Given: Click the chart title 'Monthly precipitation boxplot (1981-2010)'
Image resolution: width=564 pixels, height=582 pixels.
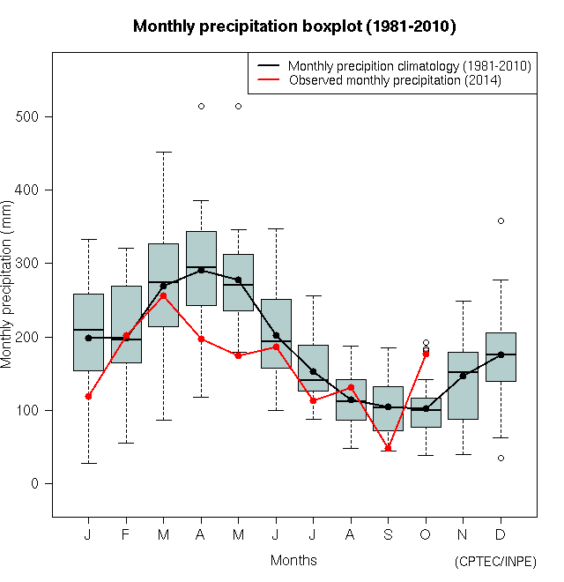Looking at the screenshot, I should click(x=293, y=26).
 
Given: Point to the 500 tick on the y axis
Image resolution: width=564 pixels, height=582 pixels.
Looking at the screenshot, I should click(x=33, y=116).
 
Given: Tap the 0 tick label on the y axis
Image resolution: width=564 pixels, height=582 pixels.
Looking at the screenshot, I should click(x=33, y=483).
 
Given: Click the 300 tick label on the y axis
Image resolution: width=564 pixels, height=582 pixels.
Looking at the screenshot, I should click(x=33, y=263).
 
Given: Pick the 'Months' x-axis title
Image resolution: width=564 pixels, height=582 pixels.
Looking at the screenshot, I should click(x=293, y=560).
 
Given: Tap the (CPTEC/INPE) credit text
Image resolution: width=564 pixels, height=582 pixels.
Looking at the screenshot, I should click(x=495, y=562).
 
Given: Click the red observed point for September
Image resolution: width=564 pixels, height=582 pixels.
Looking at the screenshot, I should click(x=388, y=448).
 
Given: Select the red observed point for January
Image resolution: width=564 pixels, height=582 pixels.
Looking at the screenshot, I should click(x=88, y=397).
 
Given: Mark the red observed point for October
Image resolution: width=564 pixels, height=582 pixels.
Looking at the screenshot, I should click(x=426, y=354).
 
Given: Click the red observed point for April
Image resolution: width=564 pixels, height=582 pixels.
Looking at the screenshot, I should click(x=201, y=339).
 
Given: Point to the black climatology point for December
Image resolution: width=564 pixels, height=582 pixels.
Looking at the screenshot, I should click(x=501, y=354).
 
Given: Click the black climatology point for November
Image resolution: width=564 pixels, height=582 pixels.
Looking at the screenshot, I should click(x=463, y=376).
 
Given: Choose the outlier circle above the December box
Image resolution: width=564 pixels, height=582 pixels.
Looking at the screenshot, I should click(x=501, y=220).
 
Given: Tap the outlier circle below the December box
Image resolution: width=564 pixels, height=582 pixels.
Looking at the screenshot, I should click(x=501, y=458).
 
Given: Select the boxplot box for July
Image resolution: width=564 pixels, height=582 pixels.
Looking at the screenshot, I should click(x=313, y=368).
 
